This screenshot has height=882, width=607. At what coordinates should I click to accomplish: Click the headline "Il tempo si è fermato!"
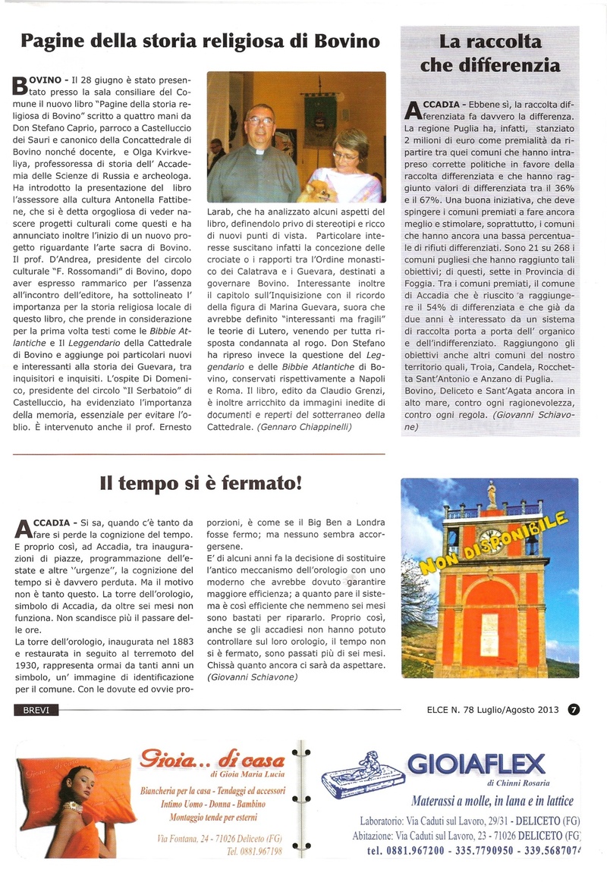202,482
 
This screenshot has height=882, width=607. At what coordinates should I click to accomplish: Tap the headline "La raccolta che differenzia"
489,52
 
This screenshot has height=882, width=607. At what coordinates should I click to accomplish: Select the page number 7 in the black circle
574,710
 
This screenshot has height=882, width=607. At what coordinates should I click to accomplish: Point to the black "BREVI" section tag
36,710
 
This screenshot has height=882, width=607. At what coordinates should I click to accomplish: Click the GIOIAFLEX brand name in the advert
476,763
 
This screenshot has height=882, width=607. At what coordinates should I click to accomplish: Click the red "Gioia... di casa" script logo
211,758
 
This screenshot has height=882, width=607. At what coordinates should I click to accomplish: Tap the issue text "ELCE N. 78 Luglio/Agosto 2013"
492,710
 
